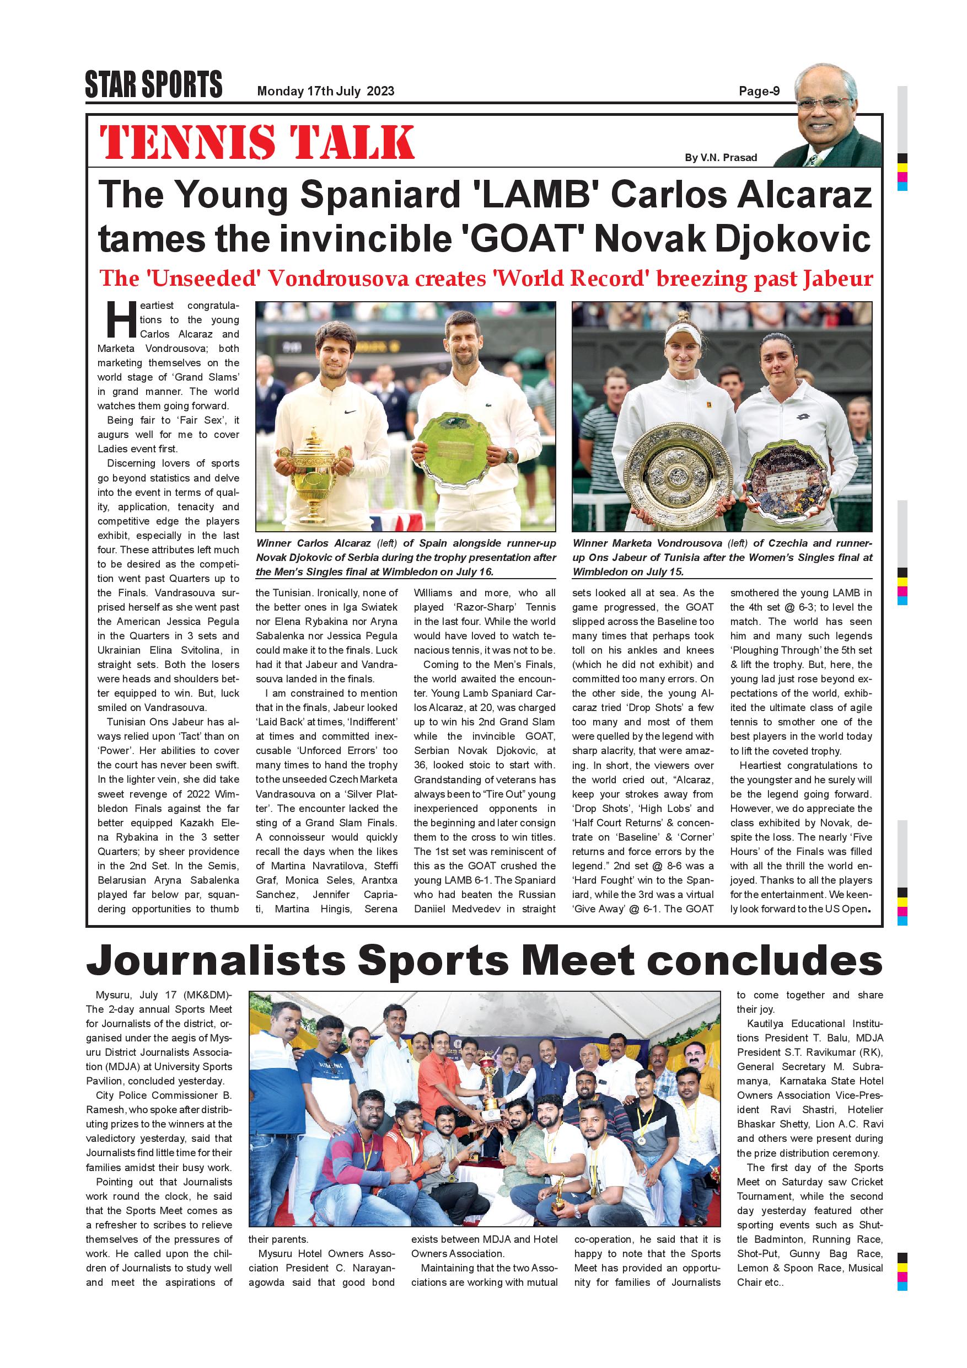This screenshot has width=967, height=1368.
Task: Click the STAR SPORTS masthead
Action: [154, 84]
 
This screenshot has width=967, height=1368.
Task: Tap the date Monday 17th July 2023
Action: [325, 91]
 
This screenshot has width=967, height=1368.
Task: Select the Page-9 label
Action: [759, 91]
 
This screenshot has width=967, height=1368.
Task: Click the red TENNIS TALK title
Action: [257, 142]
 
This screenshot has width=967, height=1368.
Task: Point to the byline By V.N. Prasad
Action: [721, 157]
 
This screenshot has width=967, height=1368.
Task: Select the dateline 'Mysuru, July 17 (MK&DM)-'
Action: [163, 996]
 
